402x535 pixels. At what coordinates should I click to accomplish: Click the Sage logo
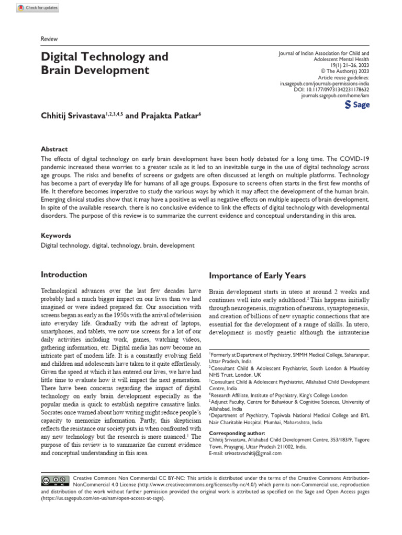(x=358, y=105)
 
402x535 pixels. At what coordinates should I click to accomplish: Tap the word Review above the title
(x=49, y=39)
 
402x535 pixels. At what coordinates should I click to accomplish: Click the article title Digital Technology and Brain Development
(x=105, y=63)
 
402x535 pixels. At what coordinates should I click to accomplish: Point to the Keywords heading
(x=56, y=236)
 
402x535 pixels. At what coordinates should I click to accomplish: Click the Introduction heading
(x=64, y=275)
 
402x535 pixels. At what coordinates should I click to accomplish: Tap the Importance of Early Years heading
(x=258, y=276)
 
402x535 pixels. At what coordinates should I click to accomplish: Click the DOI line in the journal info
(x=332, y=90)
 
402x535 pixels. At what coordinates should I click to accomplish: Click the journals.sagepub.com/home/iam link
(x=336, y=97)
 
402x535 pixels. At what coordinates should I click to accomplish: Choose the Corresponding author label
(x=237, y=434)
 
